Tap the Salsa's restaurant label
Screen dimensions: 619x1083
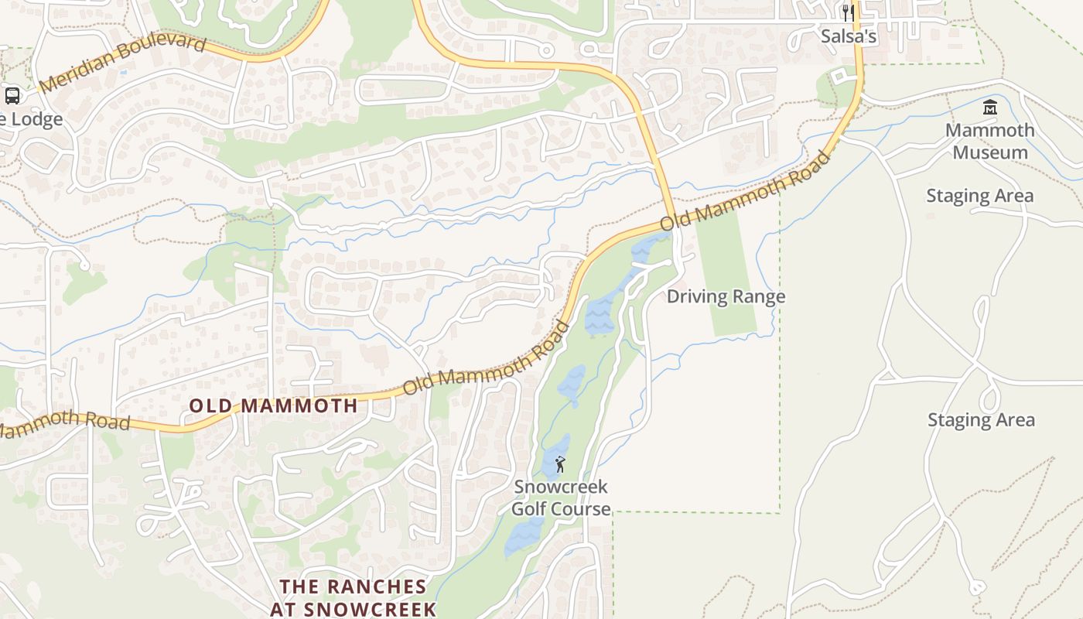coord(849,36)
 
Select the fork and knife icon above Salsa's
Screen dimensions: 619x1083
coord(849,13)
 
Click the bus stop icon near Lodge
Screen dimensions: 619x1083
coord(12,96)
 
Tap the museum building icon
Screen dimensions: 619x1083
coord(990,107)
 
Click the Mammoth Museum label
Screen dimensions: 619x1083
coord(990,141)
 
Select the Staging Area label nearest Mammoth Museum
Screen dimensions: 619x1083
coord(980,196)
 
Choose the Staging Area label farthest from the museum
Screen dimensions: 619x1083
coord(981,420)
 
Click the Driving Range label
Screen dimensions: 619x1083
coord(726,296)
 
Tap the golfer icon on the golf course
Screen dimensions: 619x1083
coord(560,464)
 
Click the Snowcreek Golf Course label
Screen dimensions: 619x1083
coord(561,498)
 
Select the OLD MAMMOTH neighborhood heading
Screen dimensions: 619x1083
coord(274,405)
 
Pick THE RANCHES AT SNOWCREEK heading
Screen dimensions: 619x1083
coord(353,597)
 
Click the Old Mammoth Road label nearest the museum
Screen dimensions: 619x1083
coord(746,190)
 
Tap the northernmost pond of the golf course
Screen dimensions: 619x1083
coord(644,248)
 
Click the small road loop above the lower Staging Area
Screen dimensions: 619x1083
coord(989,399)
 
